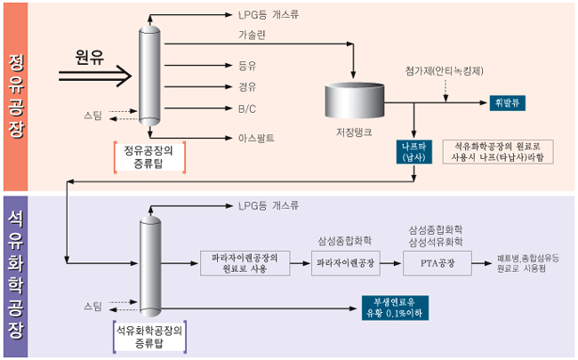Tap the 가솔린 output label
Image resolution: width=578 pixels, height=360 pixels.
[x=253, y=34]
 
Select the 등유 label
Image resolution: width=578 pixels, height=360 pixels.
[x=247, y=65]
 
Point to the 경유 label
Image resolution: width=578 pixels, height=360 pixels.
[x=247, y=87]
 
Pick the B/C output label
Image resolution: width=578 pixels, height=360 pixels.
[x=246, y=109]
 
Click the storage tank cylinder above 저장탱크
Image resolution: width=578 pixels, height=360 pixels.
[x=354, y=97]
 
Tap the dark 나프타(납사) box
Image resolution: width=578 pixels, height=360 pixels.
[x=414, y=151]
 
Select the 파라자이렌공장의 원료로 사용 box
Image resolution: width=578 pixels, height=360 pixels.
[x=245, y=262]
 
